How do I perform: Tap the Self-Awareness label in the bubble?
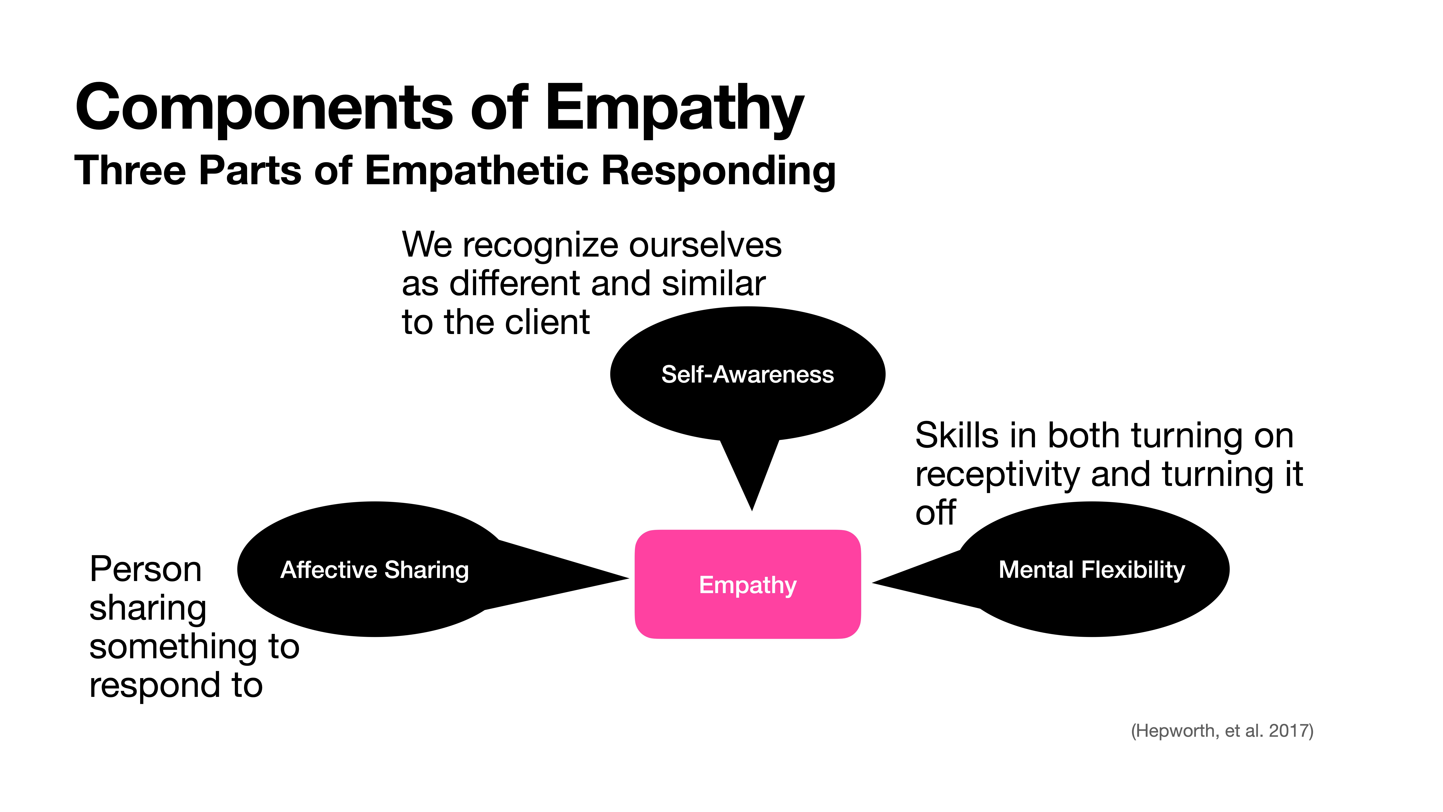[x=747, y=374]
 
